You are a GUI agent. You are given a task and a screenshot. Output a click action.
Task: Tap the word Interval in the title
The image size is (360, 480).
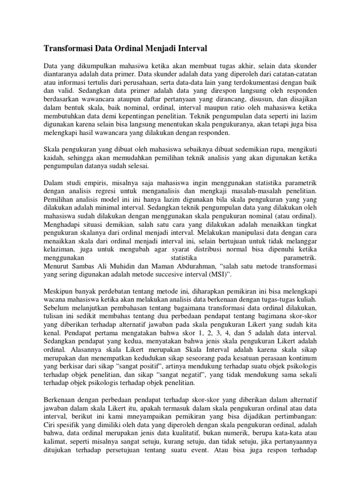(x=190, y=48)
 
